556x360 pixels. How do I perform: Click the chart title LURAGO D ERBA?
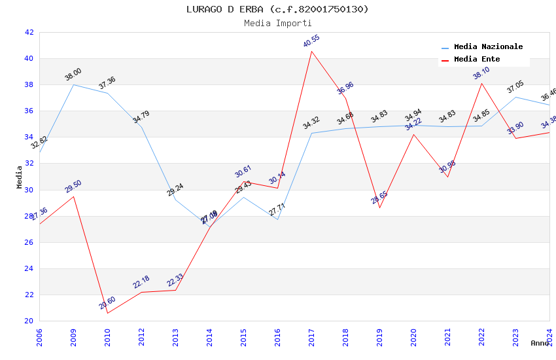tap(277, 9)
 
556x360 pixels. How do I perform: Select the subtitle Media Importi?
tap(277, 23)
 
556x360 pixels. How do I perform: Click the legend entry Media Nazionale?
tap(488, 47)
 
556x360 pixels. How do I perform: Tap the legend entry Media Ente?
tap(477, 60)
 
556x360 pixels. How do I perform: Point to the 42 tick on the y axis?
tap(29, 32)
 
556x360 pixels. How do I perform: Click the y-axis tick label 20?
tap(29, 321)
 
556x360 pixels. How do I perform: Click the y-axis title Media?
tap(20, 177)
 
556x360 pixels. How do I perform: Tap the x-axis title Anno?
tap(540, 343)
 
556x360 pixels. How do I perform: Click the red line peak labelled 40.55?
tap(311, 51)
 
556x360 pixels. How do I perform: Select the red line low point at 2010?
tap(107, 313)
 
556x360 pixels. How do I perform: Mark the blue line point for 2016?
tap(277, 219)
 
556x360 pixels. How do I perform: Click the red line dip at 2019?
tap(379, 207)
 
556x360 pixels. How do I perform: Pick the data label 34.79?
tap(141, 117)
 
